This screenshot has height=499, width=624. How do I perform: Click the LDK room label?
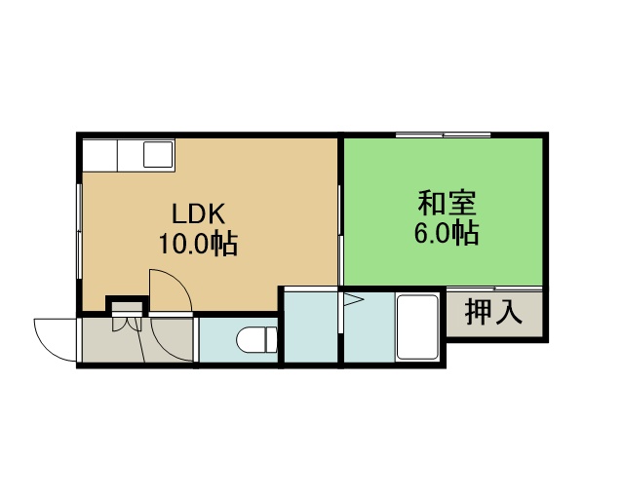pyautogui.click(x=199, y=213)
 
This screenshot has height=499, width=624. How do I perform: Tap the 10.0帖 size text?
pyautogui.click(x=199, y=243)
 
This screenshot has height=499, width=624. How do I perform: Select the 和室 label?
pyautogui.click(x=447, y=203)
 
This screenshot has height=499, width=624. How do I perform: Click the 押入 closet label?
pyautogui.click(x=493, y=313)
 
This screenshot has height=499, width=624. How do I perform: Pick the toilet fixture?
pyautogui.click(x=256, y=340)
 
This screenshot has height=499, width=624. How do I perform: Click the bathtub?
pyautogui.click(x=417, y=326)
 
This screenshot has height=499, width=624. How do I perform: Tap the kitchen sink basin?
pyautogui.click(x=158, y=154)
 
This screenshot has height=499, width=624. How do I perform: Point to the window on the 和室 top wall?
pyautogui.click(x=444, y=134)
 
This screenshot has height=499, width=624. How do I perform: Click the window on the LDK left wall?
pyautogui.click(x=79, y=231)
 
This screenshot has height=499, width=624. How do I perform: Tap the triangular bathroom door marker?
pyautogui.click(x=353, y=299)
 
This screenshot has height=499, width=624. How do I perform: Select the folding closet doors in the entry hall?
pyautogui.click(x=127, y=324)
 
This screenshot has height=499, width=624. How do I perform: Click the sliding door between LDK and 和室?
pyautogui.click(x=340, y=235)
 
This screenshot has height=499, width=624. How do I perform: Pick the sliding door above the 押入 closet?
pyautogui.click(x=494, y=288)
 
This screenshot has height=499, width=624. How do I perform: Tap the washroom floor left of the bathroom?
pyautogui.click(x=311, y=327)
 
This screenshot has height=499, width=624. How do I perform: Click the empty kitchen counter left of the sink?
pyautogui.click(x=99, y=155)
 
